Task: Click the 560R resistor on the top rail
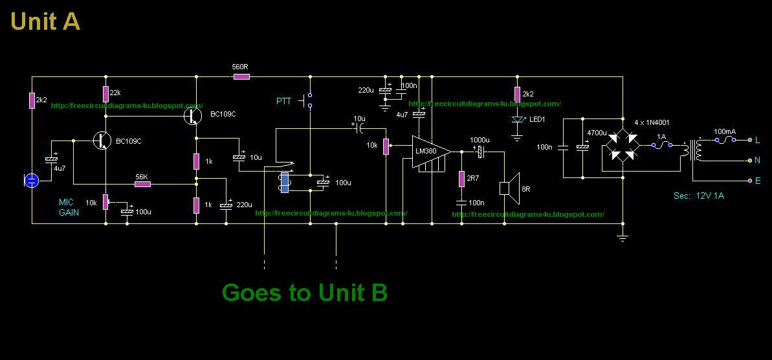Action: pyautogui.click(x=241, y=76)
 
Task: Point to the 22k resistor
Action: pyautogui.click(x=105, y=93)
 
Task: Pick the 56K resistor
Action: pyautogui.click(x=142, y=185)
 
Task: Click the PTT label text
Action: pyautogui.click(x=284, y=101)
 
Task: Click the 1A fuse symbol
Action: pyautogui.click(x=661, y=145)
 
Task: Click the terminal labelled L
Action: pyautogui.click(x=750, y=140)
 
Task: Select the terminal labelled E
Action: pyautogui.click(x=750, y=181)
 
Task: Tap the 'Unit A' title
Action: pyautogui.click(x=45, y=21)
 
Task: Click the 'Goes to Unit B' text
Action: pyautogui.click(x=304, y=293)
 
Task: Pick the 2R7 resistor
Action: pyautogui.click(x=461, y=178)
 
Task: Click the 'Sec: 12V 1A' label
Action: pyautogui.click(x=698, y=196)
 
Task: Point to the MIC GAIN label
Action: pyautogui.click(x=69, y=207)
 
